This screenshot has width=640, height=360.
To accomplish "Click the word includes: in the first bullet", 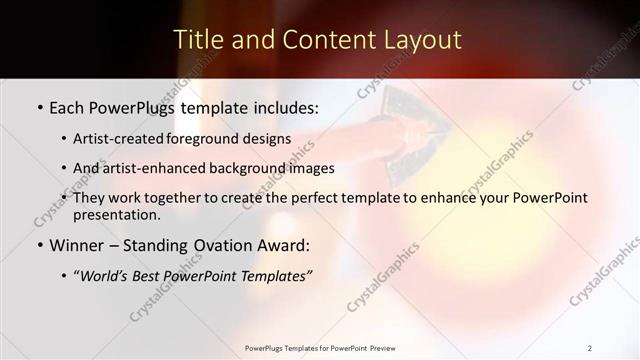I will (283, 105).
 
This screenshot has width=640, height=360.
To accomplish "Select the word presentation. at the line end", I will (116, 214).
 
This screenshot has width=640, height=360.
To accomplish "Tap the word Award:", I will (281, 245).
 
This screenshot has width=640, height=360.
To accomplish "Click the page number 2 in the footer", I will (590, 348).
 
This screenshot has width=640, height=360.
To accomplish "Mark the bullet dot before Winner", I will (39, 246).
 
